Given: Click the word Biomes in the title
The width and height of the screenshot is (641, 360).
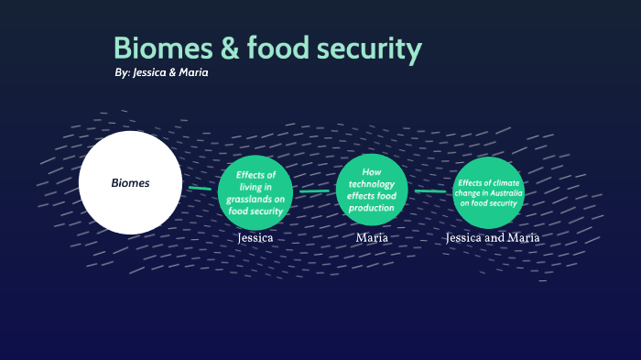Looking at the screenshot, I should (x=156, y=49).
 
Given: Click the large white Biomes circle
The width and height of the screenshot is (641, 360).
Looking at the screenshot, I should (x=130, y=182).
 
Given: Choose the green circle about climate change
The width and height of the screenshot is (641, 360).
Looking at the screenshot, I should (x=488, y=191).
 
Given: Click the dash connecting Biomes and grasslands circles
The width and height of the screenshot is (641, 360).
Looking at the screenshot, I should (x=200, y=188).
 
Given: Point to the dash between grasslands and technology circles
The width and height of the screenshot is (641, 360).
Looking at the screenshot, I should (x=313, y=191).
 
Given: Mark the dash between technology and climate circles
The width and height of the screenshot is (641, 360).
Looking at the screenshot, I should (x=429, y=191).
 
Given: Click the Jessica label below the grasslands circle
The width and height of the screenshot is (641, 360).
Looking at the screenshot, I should (x=255, y=238).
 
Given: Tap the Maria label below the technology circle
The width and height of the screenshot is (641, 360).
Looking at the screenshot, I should (x=372, y=238).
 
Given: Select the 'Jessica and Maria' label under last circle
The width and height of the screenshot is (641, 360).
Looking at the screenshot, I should (x=492, y=238).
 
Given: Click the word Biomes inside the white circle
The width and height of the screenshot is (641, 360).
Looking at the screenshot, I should (x=130, y=183).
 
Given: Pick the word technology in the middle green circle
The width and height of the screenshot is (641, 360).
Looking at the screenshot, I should (x=372, y=184).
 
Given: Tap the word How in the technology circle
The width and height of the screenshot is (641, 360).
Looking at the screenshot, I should (x=372, y=171).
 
